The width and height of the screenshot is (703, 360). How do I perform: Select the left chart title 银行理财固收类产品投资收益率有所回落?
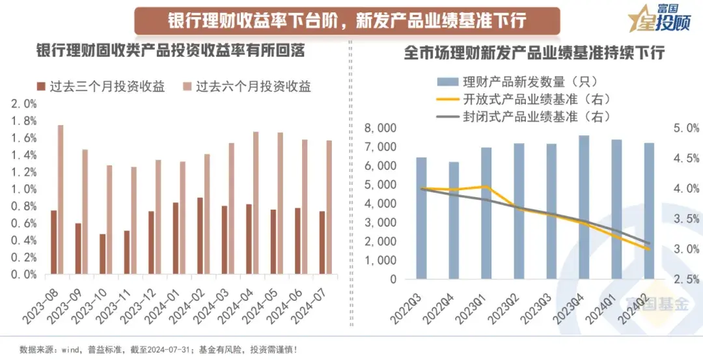click(x=171, y=52)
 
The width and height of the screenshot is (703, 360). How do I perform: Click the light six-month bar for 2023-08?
click(x=61, y=199)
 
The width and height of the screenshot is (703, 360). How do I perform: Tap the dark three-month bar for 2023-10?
click(x=102, y=254)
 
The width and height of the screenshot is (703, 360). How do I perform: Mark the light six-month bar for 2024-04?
click(x=256, y=202)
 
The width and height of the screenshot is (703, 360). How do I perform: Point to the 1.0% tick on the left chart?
click(x=23, y=189)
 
